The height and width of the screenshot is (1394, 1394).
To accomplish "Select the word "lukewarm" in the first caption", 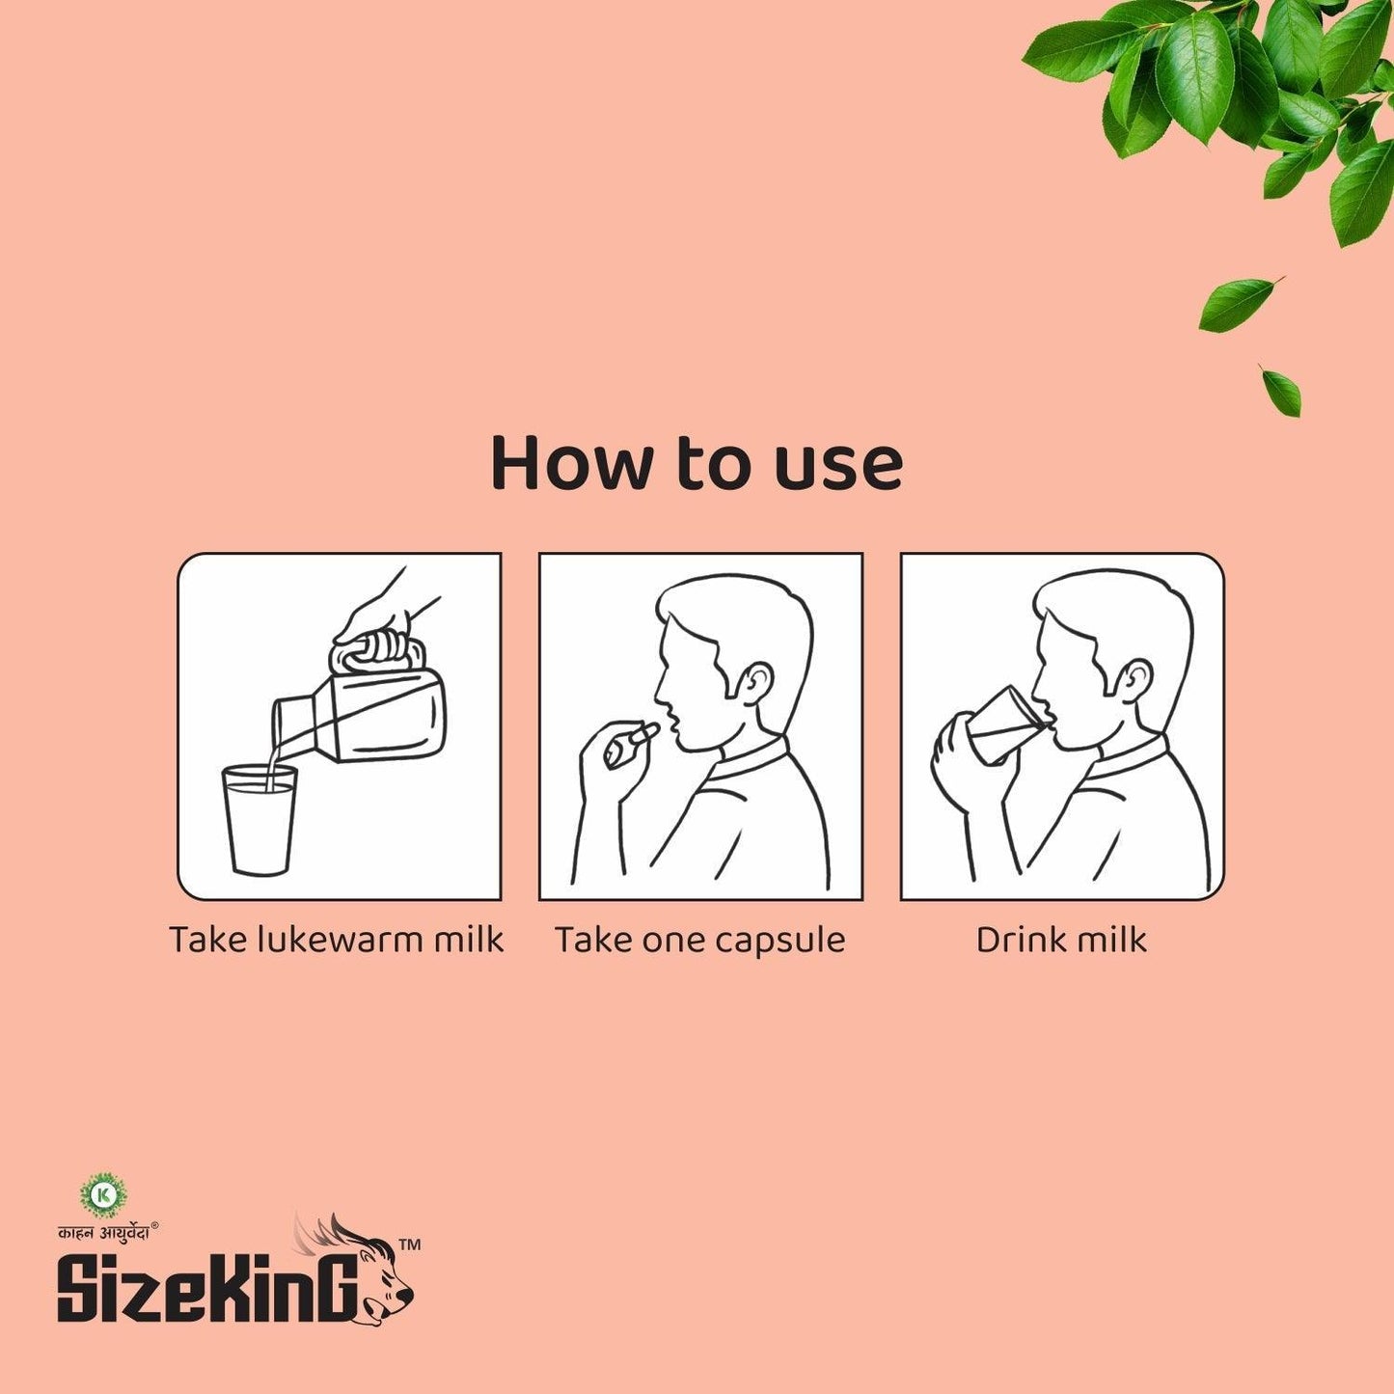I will pyautogui.click(x=341, y=940).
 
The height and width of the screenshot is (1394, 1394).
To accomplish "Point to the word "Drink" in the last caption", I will pyautogui.click(x=1019, y=940).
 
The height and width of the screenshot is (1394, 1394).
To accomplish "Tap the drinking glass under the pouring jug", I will pyautogui.click(x=260, y=819).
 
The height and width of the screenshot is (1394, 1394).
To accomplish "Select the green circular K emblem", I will pyautogui.click(x=103, y=1195).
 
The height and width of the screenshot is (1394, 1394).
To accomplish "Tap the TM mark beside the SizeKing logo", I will pyautogui.click(x=409, y=1245).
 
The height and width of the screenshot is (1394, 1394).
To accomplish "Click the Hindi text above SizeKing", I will pyautogui.click(x=103, y=1231).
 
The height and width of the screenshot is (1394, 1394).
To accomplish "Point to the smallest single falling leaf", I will pyautogui.click(x=1281, y=391).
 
